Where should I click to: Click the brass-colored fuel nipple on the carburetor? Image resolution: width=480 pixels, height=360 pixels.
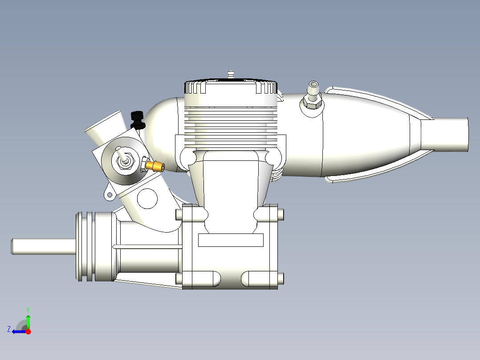155,166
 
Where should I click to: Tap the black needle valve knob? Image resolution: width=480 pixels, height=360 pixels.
138,119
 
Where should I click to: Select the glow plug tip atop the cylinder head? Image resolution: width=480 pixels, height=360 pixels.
231,74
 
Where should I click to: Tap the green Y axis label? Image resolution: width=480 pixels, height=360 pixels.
28,310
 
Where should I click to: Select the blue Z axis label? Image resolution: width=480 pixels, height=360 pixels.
9,329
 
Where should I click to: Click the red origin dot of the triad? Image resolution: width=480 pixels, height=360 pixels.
28,331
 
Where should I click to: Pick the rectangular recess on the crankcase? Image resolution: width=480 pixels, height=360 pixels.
231,240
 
